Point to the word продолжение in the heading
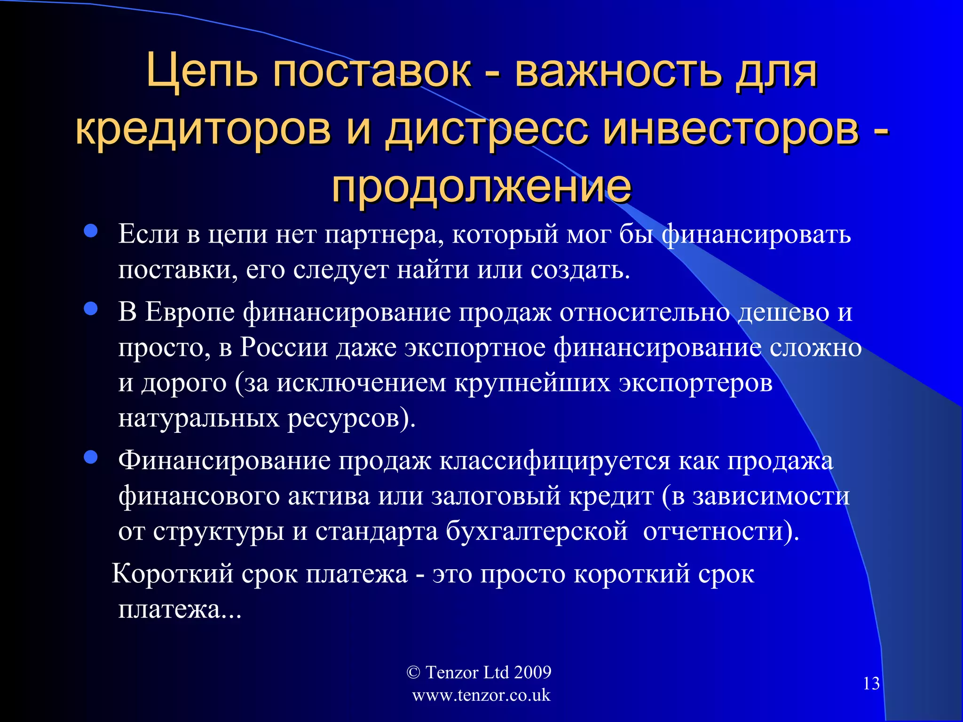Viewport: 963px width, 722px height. (481, 186)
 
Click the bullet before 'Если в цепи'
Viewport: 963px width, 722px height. (90, 231)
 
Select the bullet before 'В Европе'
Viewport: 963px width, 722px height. (90, 309)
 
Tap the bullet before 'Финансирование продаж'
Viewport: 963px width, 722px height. (90, 457)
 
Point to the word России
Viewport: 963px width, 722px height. (284, 347)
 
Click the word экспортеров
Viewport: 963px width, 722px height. (695, 383)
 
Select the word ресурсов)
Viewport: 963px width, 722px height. (351, 418)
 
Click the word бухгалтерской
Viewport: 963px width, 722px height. (537, 531)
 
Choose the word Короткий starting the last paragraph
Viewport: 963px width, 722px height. (173, 574)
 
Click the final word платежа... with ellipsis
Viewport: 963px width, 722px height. (180, 610)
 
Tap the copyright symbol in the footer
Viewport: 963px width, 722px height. (413, 672)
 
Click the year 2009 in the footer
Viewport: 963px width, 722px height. (532, 672)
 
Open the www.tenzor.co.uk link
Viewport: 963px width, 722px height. (481, 695)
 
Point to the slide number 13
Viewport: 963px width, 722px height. (871, 683)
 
